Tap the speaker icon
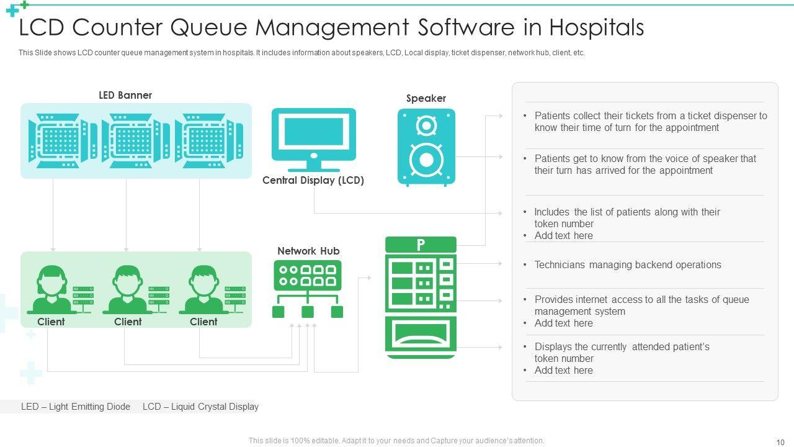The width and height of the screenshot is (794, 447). [426, 147]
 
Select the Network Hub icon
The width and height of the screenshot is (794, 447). [308, 289]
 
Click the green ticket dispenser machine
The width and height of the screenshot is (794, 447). [421, 297]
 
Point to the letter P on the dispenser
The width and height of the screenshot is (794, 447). [421, 245]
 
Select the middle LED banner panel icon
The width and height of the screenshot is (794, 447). [136, 140]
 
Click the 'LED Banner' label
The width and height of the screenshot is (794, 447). [125, 95]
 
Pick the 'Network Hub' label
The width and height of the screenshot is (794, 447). [308, 251]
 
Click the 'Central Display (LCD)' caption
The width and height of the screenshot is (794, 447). [313, 181]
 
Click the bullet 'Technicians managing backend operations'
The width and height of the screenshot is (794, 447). [628, 265]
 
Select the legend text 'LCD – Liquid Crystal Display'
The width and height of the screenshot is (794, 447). [200, 407]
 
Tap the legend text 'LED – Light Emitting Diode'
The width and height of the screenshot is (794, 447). [76, 407]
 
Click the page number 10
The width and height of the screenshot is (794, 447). [780, 441]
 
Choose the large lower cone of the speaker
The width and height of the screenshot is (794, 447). [426, 159]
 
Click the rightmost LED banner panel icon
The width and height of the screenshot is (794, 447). [209, 140]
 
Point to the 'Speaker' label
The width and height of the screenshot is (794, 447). [426, 98]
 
